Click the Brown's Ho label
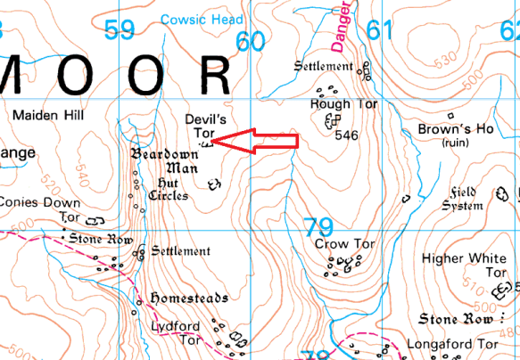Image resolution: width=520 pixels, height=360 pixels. (x=456, y=129)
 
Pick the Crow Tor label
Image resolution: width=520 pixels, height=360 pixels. (x=336, y=243)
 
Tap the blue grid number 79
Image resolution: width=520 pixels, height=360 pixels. (x=318, y=226)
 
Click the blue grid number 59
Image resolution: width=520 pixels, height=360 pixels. (x=119, y=29)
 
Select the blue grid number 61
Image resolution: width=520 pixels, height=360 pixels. (x=378, y=30)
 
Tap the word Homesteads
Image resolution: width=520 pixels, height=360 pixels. (x=189, y=298)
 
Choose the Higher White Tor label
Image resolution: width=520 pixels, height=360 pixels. (x=464, y=265)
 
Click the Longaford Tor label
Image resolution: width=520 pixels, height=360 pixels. (x=450, y=343)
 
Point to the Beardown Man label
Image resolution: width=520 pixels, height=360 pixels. (x=165, y=160)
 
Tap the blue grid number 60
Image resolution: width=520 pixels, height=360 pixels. (x=251, y=41)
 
